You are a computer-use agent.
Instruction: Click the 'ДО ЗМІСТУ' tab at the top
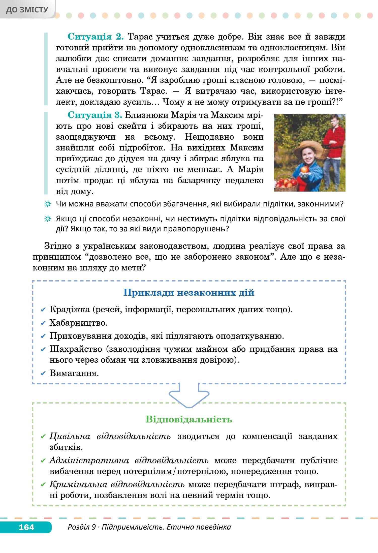[27, 10]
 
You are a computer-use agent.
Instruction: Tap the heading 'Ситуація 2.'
[96, 37]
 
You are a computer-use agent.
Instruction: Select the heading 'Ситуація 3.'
[95, 115]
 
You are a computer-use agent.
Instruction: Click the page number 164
[26, 527]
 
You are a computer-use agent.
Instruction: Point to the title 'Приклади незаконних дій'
[189, 293]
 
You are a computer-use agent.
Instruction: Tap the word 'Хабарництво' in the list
[78, 323]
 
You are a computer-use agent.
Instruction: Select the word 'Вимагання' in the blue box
[74, 373]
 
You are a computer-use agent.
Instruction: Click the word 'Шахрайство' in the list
[76, 349]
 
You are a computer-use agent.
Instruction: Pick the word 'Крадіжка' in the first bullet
[69, 309]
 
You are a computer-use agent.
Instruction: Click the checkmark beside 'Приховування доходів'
[43, 336]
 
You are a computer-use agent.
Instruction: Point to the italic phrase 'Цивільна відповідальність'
[110, 436]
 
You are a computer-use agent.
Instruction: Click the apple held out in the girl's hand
[305, 169]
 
